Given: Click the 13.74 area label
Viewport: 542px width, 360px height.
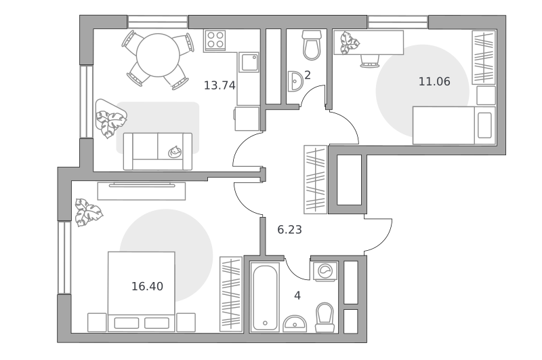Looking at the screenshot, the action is click(x=220, y=85).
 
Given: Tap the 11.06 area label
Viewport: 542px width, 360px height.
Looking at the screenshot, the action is click(x=434, y=81).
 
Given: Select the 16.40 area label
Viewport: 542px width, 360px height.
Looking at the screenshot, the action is click(x=147, y=286).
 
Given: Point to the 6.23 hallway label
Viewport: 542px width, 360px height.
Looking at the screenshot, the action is click(x=290, y=230).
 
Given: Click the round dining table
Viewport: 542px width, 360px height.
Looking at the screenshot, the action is click(x=158, y=55).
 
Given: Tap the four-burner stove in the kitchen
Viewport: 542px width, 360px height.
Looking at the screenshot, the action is click(x=215, y=40).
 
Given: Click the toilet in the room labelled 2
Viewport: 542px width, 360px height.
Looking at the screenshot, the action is click(x=312, y=45).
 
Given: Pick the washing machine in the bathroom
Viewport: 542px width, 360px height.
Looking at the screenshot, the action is click(x=325, y=271).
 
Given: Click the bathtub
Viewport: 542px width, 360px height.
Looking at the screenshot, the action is click(x=265, y=297).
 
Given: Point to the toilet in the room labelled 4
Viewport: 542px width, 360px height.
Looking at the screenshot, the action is click(x=325, y=318).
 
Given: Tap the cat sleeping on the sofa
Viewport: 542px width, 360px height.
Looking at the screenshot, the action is click(x=175, y=151).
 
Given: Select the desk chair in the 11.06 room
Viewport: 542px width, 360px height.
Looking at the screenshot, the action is click(x=369, y=61).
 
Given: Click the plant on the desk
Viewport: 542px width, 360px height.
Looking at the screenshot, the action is click(x=349, y=43).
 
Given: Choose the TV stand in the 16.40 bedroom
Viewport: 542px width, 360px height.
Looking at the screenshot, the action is click(x=142, y=191).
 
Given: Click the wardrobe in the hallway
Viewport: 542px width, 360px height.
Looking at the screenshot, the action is click(x=315, y=180).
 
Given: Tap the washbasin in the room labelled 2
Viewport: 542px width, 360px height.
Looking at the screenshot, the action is click(x=295, y=81).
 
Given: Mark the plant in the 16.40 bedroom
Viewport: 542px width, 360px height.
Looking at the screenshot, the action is click(x=89, y=212).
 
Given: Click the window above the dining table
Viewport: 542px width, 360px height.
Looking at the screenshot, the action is click(x=158, y=22).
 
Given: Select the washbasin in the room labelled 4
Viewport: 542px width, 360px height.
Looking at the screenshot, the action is click(x=295, y=323).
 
